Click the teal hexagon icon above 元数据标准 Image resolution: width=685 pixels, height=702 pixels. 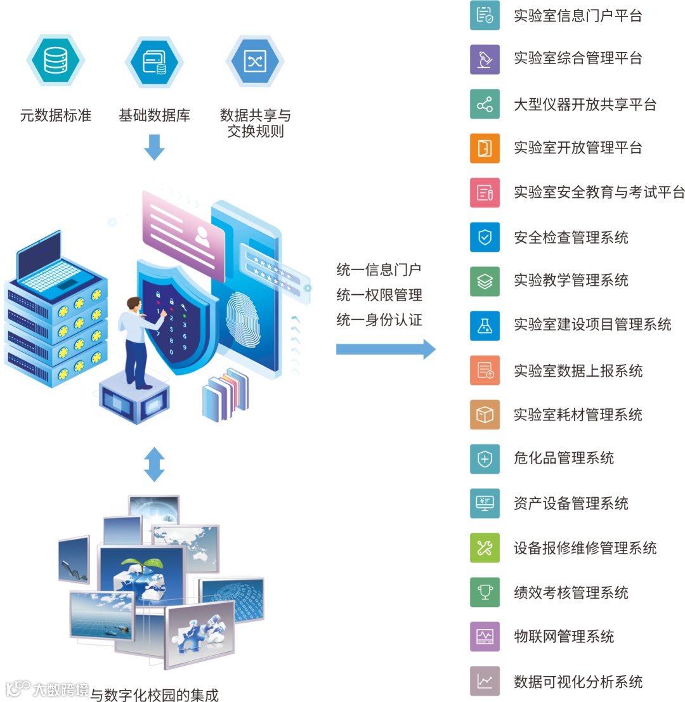pos(56,60)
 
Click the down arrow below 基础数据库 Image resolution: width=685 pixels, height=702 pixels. pos(154,146)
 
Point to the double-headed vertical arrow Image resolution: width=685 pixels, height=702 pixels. pos(154,464)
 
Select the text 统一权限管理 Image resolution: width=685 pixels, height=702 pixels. pos(379,295)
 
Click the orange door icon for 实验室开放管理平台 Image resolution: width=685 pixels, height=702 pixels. pos(485,148)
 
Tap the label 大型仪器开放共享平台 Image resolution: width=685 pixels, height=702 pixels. pos(585,105)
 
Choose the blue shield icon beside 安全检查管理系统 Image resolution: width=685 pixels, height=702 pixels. pos(485,237)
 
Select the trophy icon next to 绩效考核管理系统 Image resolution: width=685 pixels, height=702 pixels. pos(485,592)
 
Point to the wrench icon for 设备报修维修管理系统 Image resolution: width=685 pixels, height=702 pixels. pos(485,548)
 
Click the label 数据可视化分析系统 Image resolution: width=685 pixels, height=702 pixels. pos(578,682)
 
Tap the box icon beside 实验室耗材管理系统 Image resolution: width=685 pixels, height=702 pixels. pos(485,415)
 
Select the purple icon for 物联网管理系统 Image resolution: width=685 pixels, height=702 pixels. pos(485,637)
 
